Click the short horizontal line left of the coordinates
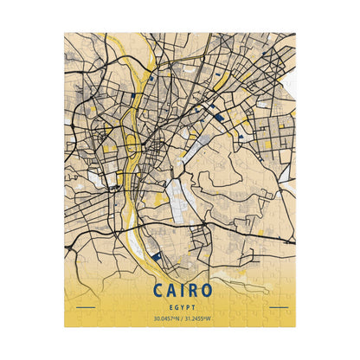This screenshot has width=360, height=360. tap(86, 306)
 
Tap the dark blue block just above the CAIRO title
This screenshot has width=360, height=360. tap(155, 256)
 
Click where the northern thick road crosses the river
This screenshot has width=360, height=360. tap(153, 87)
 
